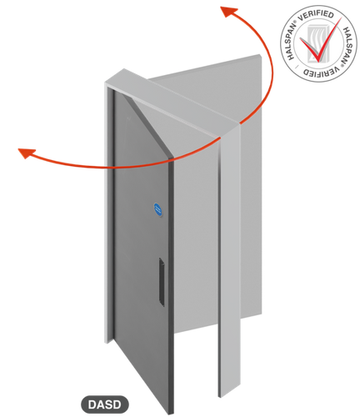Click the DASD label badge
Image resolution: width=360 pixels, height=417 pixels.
coord(105,404)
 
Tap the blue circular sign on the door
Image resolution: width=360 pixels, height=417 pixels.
coord(157,209)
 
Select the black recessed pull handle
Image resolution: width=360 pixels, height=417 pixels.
coord(162,282)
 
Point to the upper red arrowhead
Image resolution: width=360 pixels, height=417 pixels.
coord(228,11)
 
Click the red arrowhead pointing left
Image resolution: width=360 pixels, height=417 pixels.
coord(27,153)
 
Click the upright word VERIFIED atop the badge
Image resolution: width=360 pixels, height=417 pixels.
coord(316,16)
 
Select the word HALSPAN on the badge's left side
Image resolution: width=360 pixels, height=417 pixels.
coord(292,42)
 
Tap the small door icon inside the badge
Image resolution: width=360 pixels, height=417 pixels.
coord(317,43)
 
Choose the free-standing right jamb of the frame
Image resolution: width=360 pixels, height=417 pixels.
coord(229,261)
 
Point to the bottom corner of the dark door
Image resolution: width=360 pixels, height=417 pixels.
coord(169,414)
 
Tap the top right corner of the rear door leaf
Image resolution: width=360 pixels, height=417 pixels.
coord(261,55)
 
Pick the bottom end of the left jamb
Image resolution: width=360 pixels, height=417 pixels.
coord(109,340)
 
